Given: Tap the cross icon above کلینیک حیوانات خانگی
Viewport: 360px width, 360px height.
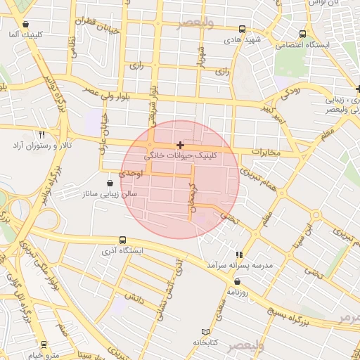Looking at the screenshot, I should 181,144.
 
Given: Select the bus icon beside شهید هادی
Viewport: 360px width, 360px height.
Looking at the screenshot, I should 243,30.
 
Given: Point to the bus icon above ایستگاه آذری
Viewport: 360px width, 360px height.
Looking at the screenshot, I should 123,240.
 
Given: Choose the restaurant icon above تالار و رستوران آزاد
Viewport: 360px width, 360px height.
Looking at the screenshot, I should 42,134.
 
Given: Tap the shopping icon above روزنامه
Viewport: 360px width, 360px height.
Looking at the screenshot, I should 237,281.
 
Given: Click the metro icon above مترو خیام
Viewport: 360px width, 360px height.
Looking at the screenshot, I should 44,345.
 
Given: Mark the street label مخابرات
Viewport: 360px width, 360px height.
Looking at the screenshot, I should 266,153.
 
